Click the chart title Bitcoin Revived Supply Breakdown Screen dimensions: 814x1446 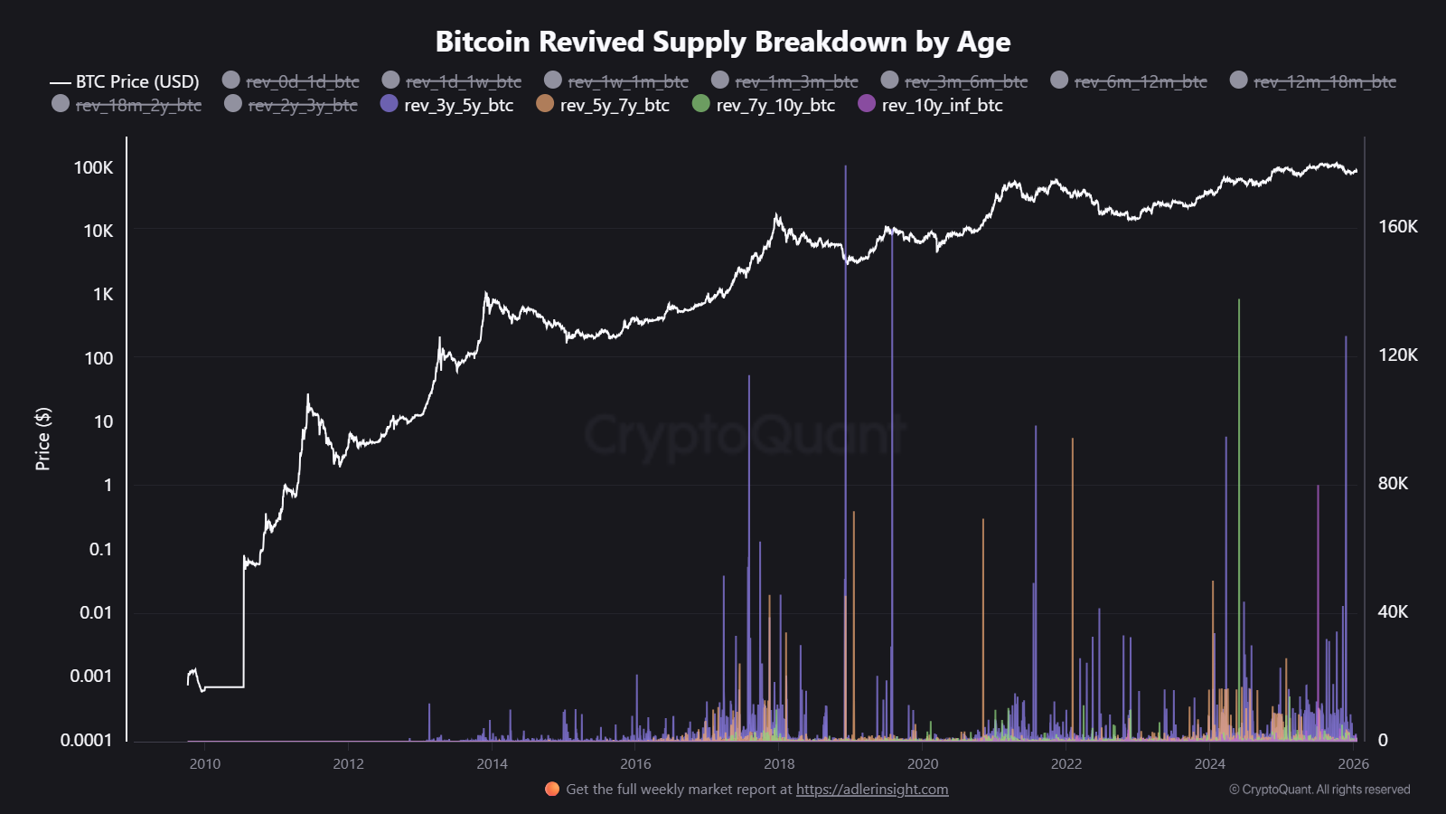(x=722, y=42)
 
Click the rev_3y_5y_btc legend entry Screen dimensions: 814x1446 (x=447, y=105)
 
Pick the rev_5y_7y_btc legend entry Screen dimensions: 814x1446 (x=603, y=105)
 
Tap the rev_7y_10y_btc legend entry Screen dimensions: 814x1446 (x=764, y=105)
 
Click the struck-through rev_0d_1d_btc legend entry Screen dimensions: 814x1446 (x=291, y=81)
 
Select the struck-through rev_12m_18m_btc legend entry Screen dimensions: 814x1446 (x=1313, y=81)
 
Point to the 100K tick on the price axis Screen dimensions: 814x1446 (x=94, y=167)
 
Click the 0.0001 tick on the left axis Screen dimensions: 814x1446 (x=87, y=740)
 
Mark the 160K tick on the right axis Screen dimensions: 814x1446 (x=1397, y=226)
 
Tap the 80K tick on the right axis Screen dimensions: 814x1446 (x=1393, y=483)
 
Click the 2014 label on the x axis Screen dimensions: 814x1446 (x=492, y=763)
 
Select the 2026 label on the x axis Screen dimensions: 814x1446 (x=1353, y=763)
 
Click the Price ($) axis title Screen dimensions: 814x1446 (x=42, y=439)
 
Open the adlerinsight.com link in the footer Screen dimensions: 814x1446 (x=872, y=789)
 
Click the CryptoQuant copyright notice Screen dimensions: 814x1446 (x=1319, y=789)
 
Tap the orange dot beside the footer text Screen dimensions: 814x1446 (x=552, y=789)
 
